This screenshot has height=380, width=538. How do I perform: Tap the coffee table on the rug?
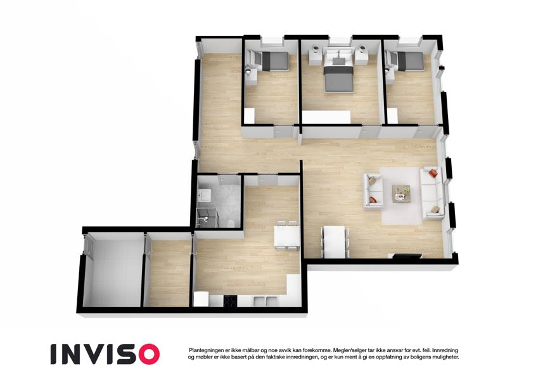click(x=402, y=194)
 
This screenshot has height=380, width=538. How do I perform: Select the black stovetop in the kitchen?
click(x=230, y=301)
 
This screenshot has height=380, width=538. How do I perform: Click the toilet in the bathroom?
click(x=231, y=224)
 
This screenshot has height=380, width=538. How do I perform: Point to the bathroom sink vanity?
click(x=205, y=196)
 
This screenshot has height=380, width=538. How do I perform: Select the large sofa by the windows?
click(x=433, y=193)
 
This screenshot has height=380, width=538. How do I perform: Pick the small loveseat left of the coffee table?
click(x=373, y=191)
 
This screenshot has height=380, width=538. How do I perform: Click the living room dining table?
click(x=335, y=243)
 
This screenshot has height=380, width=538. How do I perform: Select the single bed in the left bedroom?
click(x=272, y=61)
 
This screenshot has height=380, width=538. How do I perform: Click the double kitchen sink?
click(x=264, y=301)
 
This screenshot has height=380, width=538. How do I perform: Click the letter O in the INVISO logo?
click(x=146, y=354)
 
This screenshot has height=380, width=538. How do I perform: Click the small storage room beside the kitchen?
click(x=167, y=272)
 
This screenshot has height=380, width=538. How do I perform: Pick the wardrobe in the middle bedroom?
click(x=326, y=117)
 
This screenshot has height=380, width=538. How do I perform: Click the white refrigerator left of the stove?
click(x=201, y=299)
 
